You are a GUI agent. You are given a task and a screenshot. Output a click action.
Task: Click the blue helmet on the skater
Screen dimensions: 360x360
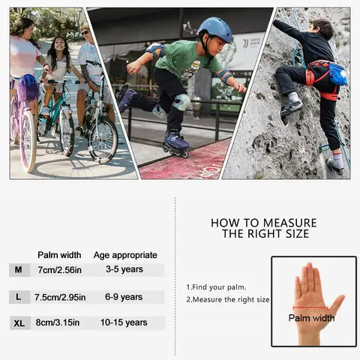click(216, 30)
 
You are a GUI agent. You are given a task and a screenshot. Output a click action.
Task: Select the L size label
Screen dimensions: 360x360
click(18, 297)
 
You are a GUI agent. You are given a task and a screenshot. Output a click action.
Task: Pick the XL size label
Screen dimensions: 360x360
click(19, 323)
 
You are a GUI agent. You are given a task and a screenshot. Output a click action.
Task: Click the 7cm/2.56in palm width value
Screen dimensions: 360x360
click(59, 269)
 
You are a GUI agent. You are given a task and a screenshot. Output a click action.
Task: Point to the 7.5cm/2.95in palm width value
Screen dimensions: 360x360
click(60, 297)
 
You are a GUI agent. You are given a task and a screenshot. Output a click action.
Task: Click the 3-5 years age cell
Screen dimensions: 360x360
click(124, 269)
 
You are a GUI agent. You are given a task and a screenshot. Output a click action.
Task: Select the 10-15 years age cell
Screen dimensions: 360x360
click(123, 322)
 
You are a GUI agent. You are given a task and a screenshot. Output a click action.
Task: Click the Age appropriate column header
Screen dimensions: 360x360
click(125, 255)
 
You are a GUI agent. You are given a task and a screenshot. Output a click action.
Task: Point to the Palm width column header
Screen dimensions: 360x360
click(59, 255)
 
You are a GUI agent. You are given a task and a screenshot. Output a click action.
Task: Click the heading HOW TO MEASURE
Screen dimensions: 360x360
click(263, 223)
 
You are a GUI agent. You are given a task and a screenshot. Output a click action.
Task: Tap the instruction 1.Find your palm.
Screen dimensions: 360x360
click(216, 286)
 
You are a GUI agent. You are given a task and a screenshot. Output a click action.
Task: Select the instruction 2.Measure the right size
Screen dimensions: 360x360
click(228, 299)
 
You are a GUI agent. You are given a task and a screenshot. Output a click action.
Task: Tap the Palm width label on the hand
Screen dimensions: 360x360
click(311, 318)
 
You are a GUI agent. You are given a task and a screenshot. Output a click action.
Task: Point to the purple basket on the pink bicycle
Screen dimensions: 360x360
click(28, 89)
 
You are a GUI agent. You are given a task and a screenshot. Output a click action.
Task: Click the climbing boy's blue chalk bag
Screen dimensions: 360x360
click(337, 73)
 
